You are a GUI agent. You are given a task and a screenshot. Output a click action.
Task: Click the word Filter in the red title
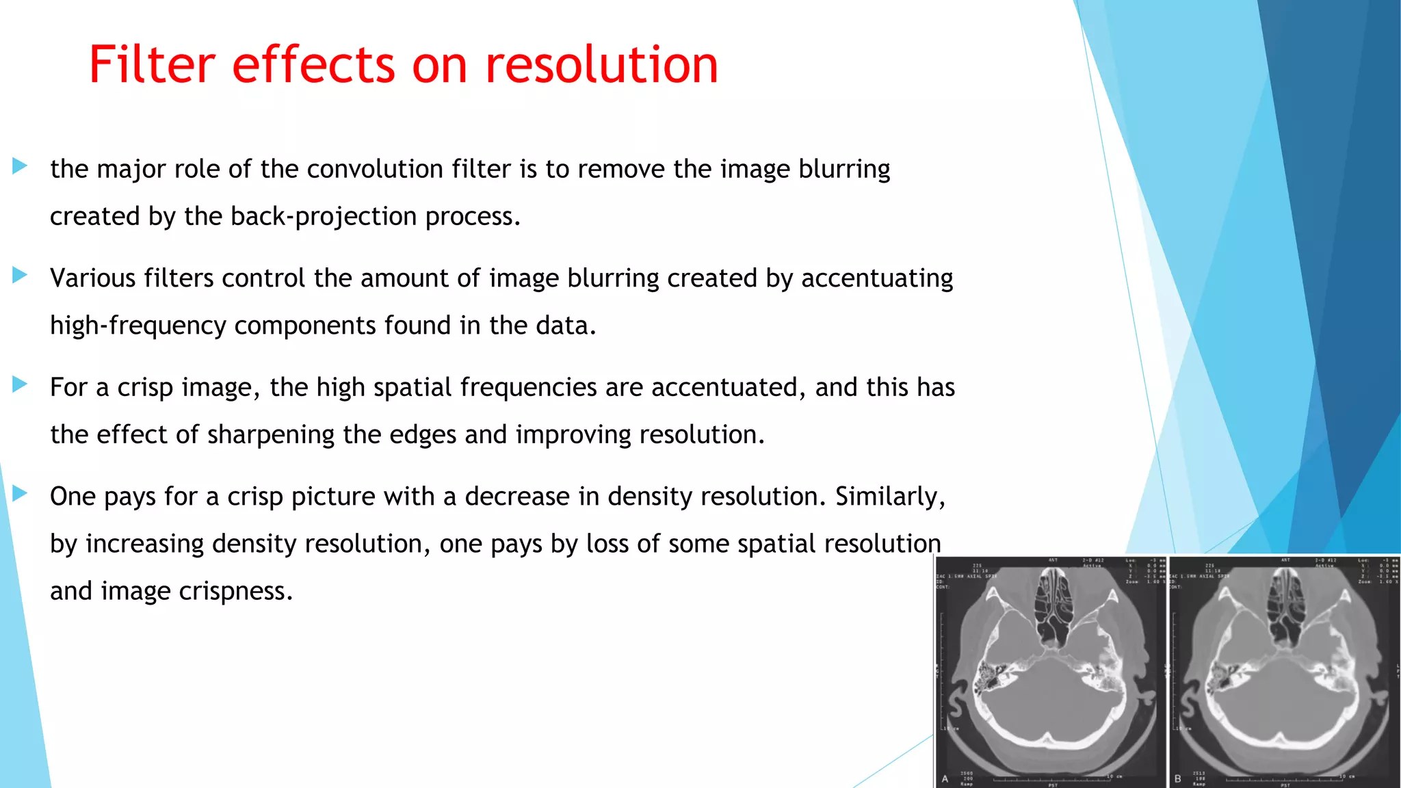coord(152,64)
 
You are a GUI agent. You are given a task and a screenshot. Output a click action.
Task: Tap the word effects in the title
coord(313,64)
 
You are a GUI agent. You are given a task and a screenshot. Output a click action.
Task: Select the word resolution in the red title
coord(601,64)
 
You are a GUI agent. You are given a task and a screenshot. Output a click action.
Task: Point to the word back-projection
coord(324,217)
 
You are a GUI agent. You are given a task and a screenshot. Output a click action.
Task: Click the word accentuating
coord(877,278)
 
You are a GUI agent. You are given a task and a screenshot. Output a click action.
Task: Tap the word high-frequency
coord(138,326)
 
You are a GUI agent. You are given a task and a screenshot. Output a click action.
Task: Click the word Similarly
coord(890,497)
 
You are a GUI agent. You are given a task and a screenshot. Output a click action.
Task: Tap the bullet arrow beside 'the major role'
coord(20,166)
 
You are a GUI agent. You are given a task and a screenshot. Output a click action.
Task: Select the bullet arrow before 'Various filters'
coord(20,275)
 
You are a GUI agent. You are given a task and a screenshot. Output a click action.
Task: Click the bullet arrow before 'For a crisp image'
coord(20,384)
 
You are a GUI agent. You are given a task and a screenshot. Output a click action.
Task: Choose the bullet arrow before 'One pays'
coord(20,493)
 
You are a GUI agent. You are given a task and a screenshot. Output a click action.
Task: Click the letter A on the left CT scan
coord(945,778)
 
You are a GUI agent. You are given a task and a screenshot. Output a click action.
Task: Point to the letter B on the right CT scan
coord(1177,778)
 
